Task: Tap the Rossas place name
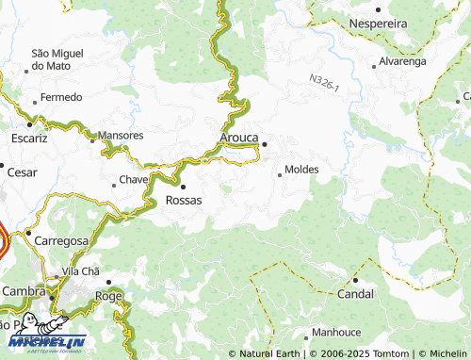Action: (183, 200)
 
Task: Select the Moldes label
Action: (300, 170)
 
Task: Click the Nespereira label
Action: (382, 22)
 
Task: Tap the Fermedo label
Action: (61, 97)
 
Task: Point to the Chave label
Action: (134, 179)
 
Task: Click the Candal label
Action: (356, 294)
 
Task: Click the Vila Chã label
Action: (80, 271)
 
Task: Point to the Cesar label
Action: (22, 172)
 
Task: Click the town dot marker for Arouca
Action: (265, 144)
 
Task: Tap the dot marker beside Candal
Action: (356, 281)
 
